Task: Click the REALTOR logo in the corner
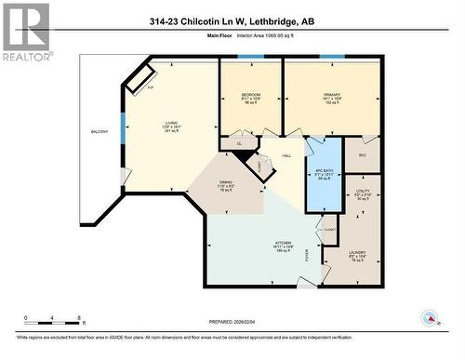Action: pyautogui.click(x=25, y=32)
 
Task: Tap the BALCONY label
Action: pyautogui.click(x=100, y=132)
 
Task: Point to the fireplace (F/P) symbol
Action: pyautogui.click(x=141, y=81)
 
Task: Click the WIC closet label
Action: pyautogui.click(x=363, y=155)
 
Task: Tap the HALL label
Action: pyautogui.click(x=287, y=155)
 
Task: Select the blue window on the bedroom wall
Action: pyautogui.click(x=250, y=58)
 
